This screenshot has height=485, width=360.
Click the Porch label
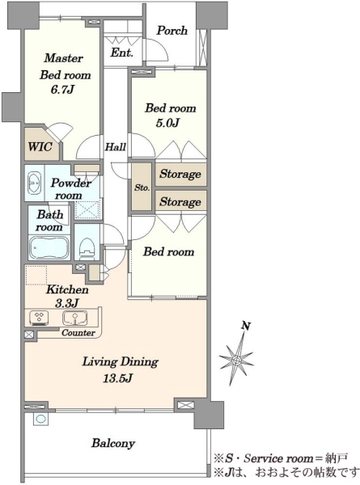click(x=172, y=31)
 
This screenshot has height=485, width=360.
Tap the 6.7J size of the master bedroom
click(x=63, y=90)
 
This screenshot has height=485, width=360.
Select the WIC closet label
click(x=40, y=146)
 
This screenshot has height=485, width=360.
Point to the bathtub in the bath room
click(x=49, y=247)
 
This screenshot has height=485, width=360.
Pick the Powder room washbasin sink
click(x=34, y=183)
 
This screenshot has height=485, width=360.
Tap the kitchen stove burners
click(x=39, y=318)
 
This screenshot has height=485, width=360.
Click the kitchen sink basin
click(x=74, y=318)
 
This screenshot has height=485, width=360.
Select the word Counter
click(x=78, y=333)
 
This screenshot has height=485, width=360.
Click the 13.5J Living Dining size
click(x=118, y=378)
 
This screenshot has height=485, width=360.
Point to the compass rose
click(x=236, y=360)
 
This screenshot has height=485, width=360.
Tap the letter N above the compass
click(x=246, y=326)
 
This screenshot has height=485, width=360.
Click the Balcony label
click(x=113, y=444)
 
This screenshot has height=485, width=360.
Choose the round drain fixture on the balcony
click(x=40, y=419)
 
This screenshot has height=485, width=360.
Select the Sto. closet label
click(x=142, y=188)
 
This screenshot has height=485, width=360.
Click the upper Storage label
click(x=180, y=174)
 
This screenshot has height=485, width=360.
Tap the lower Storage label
click(x=180, y=202)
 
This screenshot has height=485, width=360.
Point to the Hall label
click(x=116, y=146)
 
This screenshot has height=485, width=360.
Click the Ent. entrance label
click(x=122, y=53)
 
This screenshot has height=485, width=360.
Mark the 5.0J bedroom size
click(x=167, y=123)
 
